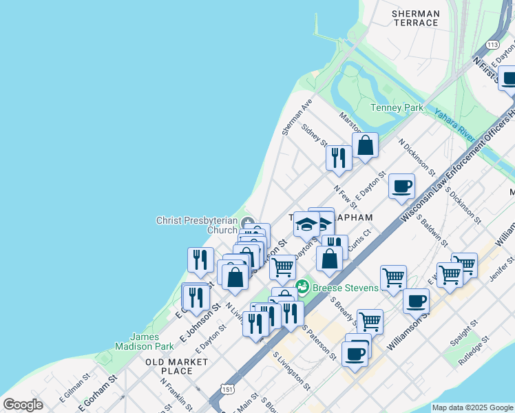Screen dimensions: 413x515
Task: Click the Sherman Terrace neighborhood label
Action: [x=414, y=18]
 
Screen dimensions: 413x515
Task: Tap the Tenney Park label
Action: [x=397, y=107]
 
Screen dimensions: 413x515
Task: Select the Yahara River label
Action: [x=456, y=119]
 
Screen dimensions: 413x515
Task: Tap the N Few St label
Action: [x=345, y=197]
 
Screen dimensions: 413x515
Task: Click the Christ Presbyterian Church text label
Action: [x=197, y=225]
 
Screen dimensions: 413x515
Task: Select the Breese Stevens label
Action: [x=346, y=287]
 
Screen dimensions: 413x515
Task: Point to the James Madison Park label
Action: [x=154, y=341]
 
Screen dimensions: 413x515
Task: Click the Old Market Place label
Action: [x=176, y=366]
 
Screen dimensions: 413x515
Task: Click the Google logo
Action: [x=23, y=405]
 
